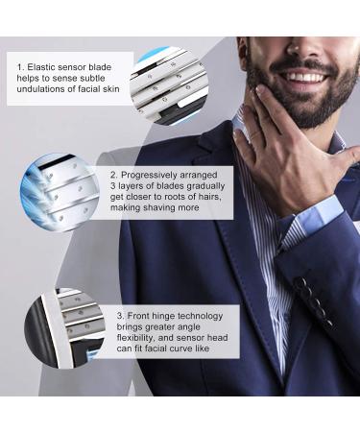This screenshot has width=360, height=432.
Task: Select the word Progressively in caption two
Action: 150,177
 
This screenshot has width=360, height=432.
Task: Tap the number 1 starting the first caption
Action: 20,67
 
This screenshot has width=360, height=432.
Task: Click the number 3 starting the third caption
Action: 120,313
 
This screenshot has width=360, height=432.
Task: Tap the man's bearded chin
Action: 288,110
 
